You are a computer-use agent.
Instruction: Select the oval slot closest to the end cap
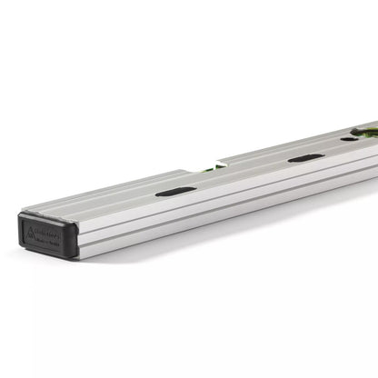(x=174, y=192)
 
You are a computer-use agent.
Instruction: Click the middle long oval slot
(x=305, y=157)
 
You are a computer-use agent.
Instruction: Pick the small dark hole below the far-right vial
(x=349, y=138)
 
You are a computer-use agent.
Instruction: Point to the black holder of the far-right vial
(x=362, y=134)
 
